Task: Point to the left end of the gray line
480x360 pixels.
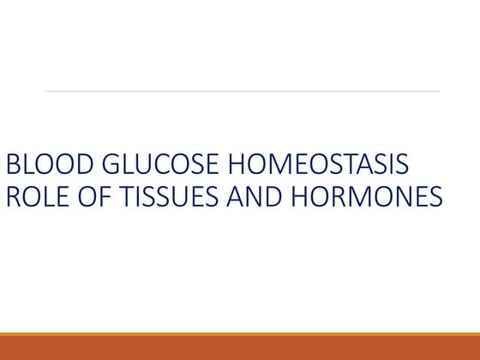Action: tap(47, 91)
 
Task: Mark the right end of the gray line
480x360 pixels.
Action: tap(439, 91)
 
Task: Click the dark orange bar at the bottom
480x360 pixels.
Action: tap(240, 348)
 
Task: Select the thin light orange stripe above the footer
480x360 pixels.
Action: tap(240, 334)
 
